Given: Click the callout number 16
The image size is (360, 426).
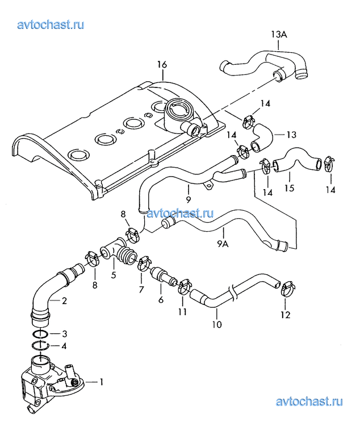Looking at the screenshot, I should (x=162, y=65).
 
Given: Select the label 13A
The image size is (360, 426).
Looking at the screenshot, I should (x=278, y=35).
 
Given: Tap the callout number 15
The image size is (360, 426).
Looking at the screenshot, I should (x=290, y=187).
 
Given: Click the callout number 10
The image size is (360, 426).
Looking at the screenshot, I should (x=216, y=325).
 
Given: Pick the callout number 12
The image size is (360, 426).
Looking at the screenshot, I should (x=284, y=314).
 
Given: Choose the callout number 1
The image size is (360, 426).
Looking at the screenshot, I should (x=103, y=382).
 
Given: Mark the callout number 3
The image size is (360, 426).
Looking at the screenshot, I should (x=64, y=333).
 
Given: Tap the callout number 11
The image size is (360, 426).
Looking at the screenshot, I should (x=182, y=312).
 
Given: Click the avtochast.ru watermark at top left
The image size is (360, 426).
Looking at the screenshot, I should (x=52, y=24).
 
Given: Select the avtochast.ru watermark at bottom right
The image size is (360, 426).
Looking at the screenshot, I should (x=309, y=402).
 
